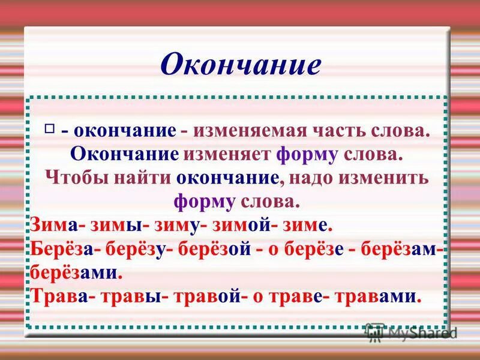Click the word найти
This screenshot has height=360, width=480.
(x=143, y=178)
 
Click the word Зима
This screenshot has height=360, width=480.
(x=54, y=226)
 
